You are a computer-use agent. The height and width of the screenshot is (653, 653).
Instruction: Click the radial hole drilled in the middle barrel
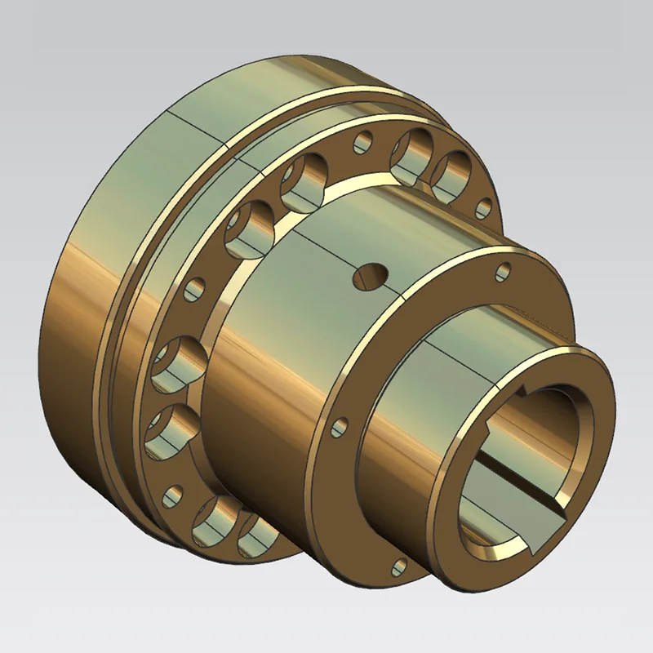coord(370,276)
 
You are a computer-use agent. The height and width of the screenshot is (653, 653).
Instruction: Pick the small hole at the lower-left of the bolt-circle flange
coord(173,495)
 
